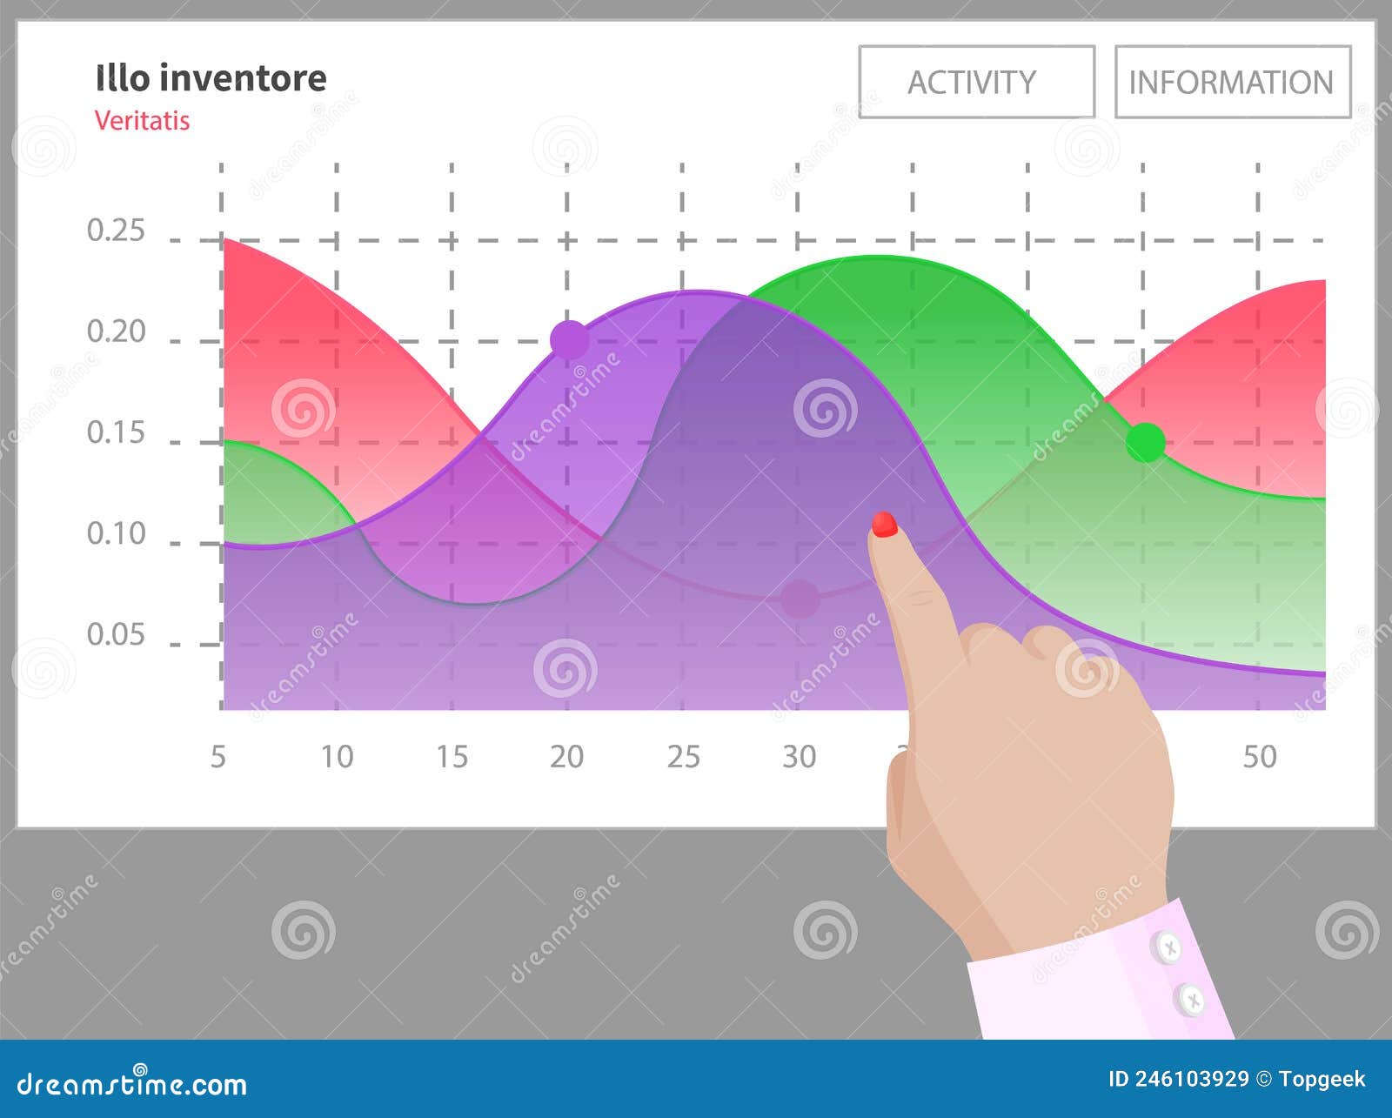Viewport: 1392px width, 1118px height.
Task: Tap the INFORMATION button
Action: coord(1232,82)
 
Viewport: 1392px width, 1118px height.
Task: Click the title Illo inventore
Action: coord(211,78)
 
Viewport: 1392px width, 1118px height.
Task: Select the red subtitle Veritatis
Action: coord(142,120)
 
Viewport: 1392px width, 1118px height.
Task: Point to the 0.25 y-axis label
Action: coord(116,231)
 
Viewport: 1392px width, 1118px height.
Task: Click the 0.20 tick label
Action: coord(116,331)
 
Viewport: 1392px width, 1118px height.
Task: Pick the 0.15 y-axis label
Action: coord(116,432)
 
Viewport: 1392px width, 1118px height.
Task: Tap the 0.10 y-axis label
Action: coord(116,533)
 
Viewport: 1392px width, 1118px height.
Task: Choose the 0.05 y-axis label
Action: coord(116,634)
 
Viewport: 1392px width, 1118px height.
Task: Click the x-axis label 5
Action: coord(218,757)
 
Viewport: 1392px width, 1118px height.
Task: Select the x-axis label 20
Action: coord(566,757)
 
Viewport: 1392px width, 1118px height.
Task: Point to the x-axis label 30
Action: coord(799,757)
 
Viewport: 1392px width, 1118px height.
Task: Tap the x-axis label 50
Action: coord(1259,757)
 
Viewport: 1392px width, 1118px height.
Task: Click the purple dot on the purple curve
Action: coord(570,339)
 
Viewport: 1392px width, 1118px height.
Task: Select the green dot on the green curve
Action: coord(1146,442)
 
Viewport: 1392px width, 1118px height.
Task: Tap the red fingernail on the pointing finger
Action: coord(884,524)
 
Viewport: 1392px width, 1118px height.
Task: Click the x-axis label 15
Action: coord(452,757)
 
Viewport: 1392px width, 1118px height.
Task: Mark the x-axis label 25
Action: coord(683,757)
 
